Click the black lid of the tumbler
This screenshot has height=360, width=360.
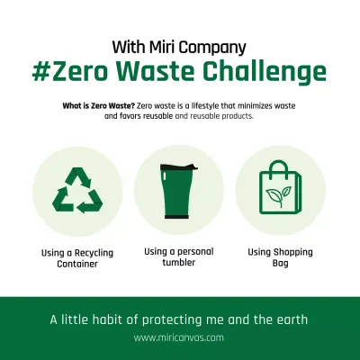coord(178,168)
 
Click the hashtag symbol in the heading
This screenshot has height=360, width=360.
coord(45,71)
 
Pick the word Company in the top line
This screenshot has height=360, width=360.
coord(213,46)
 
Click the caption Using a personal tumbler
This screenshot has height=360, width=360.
coord(178,258)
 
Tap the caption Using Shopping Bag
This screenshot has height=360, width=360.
coord(280,258)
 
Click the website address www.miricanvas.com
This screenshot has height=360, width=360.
coord(179,338)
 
